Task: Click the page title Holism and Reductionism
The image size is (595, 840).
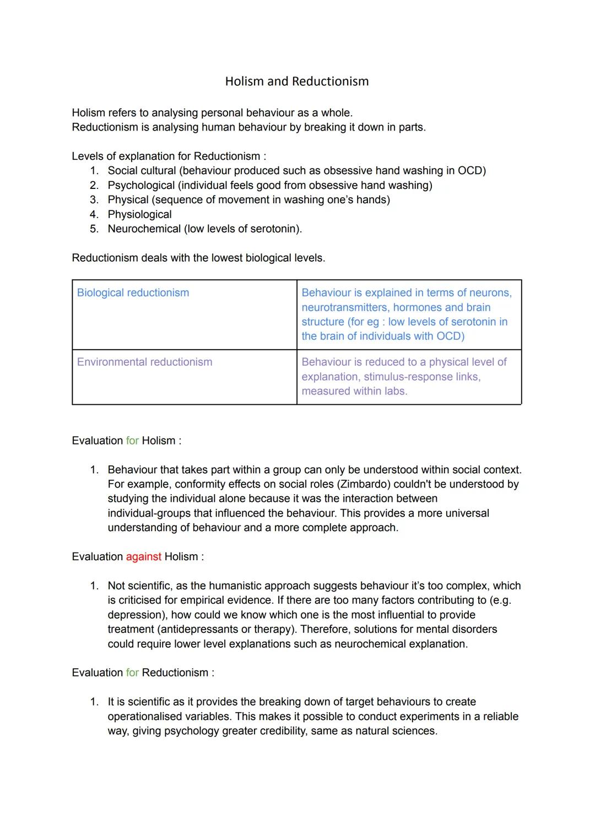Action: (297, 82)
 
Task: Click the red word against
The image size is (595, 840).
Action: (143, 557)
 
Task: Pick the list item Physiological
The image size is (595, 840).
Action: (139, 215)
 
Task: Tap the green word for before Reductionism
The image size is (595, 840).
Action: (132, 673)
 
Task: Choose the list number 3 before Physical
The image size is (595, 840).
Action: (94, 200)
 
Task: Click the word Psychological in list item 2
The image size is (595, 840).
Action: (140, 186)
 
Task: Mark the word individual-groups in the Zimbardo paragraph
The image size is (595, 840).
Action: (153, 513)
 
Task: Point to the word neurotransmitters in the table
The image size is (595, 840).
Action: (343, 307)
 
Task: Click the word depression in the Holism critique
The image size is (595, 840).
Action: (136, 615)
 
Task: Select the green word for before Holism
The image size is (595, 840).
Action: (132, 441)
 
